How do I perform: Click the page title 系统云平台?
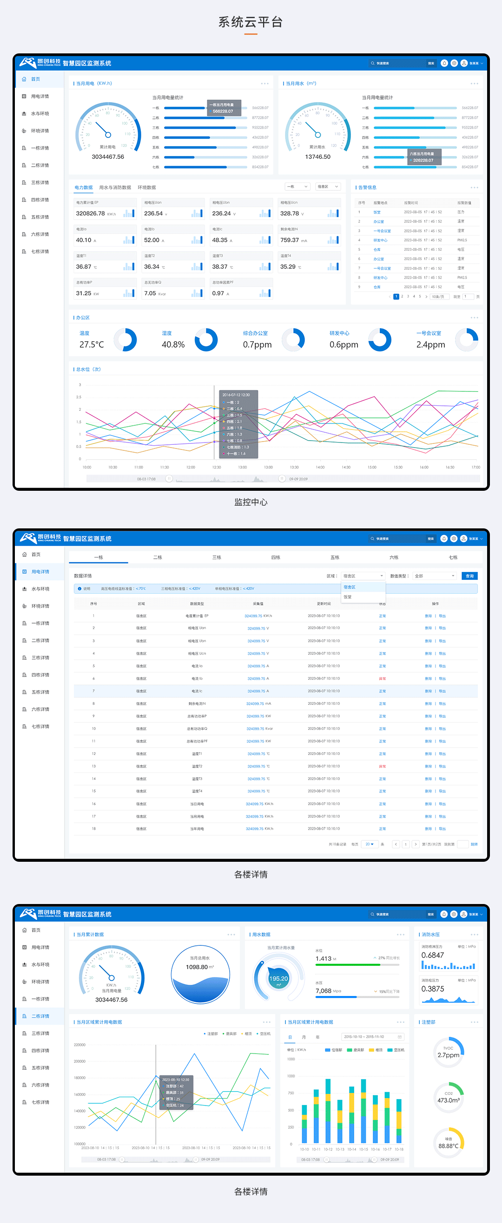[251, 22]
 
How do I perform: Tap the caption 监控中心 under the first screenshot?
[251, 502]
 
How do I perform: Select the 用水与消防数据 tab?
[115, 188]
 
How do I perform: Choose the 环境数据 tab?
[146, 188]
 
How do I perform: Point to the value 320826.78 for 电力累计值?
[90, 214]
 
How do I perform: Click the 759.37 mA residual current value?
[290, 240]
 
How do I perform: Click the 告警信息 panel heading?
[367, 188]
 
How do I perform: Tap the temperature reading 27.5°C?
[91, 345]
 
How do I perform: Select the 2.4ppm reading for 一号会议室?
[431, 345]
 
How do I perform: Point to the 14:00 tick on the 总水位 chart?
[320, 467]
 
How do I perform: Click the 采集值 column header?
[258, 604]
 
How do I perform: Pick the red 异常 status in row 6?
[382, 679]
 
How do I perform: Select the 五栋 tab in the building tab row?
[335, 557]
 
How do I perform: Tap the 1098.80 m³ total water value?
[200, 967]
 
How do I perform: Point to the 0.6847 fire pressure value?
[433, 955]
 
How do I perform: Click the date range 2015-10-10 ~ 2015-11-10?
[364, 1037]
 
